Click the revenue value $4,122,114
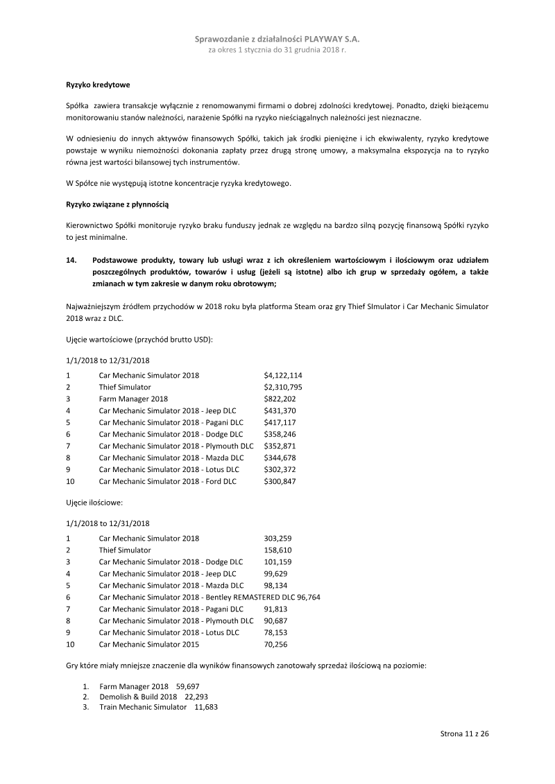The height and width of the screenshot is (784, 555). click(x=282, y=375)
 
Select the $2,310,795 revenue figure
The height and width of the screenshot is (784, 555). click(x=282, y=387)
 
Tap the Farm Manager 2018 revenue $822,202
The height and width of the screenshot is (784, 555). click(x=280, y=399)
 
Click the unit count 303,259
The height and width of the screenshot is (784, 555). click(x=277, y=538)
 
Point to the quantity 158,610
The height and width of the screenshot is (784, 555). click(x=277, y=550)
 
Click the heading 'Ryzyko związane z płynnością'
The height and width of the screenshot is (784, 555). click(x=117, y=205)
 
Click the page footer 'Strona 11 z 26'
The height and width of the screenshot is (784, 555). click(x=465, y=733)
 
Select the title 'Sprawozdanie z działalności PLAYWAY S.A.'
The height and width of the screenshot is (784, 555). click(x=277, y=41)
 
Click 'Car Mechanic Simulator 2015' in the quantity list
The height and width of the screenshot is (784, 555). click(x=148, y=644)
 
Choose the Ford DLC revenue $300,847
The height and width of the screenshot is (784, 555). click(x=280, y=481)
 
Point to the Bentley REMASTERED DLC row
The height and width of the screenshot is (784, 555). click(x=210, y=597)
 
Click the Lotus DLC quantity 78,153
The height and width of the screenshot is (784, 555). click(x=275, y=632)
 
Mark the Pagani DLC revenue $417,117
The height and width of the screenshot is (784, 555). click(x=280, y=422)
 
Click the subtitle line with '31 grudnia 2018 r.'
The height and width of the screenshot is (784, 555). click(x=277, y=51)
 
